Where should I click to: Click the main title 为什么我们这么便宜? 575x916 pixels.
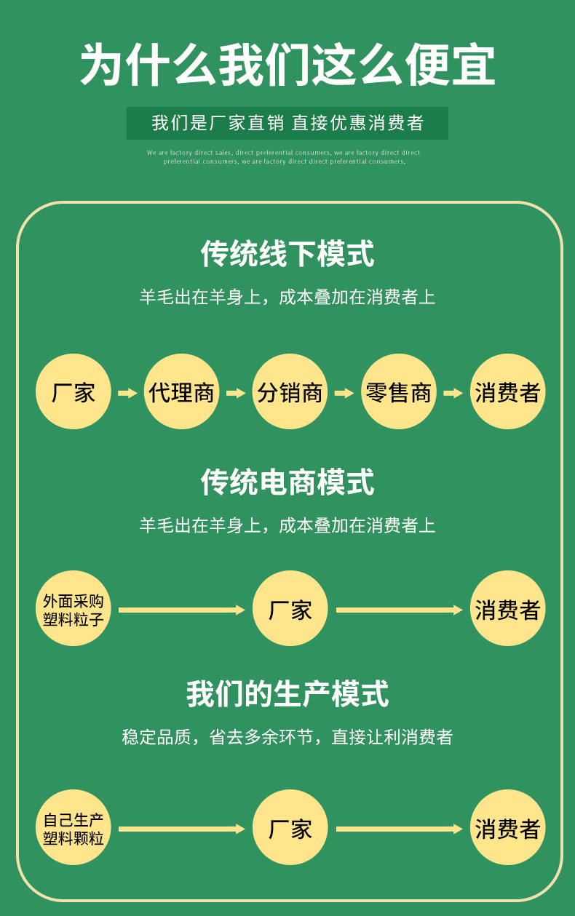tap(287, 65)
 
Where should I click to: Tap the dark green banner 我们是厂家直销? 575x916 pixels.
tap(287, 123)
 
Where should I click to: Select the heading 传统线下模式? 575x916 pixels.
tap(287, 254)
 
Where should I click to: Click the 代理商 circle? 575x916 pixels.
tap(181, 392)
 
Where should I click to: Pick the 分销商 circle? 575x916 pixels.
tap(290, 392)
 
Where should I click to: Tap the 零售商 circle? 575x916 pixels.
tap(398, 392)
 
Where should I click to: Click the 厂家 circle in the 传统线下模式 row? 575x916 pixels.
tap(73, 392)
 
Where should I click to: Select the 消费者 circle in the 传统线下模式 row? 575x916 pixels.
tap(507, 392)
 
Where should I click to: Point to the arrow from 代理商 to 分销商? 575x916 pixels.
tap(236, 393)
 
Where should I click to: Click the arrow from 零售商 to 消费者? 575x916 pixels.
tap(453, 393)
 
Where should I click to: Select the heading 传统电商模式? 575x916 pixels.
tap(287, 482)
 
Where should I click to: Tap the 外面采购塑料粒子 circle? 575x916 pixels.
tap(73, 609)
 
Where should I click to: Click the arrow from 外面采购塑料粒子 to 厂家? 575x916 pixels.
tap(181, 610)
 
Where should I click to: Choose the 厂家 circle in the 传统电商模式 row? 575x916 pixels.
tap(290, 609)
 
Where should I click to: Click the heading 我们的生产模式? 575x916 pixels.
tap(287, 694)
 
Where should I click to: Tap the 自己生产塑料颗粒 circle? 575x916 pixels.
tap(73, 828)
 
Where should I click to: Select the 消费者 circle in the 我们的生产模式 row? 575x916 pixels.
tap(507, 828)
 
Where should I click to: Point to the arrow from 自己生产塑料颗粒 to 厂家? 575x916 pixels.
tap(181, 829)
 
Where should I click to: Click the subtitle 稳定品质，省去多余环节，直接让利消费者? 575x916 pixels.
tap(287, 737)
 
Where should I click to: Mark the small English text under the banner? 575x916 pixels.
tap(284, 157)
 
